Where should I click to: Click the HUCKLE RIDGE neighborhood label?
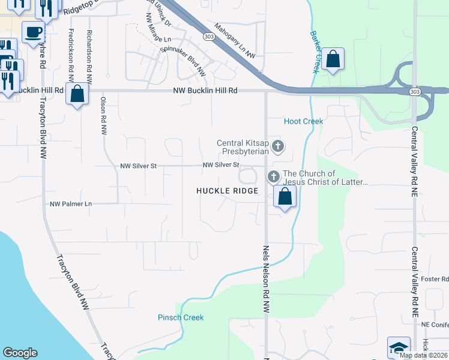pos(228,191)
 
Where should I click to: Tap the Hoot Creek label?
pos(303,121)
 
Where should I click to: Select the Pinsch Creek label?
pos(181,317)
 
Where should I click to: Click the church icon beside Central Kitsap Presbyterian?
pos(277,145)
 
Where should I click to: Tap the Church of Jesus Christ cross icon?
pos(273,176)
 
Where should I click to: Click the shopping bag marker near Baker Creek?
pos(333,59)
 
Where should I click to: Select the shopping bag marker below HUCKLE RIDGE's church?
pos(285,196)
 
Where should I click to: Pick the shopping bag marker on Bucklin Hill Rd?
pos(77,94)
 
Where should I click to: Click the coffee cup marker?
pos(33,32)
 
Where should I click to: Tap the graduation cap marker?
pos(398,347)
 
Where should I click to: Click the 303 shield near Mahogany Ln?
pos(208,37)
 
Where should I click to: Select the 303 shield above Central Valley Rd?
pos(415,91)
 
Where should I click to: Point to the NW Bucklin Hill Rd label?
pos(205,91)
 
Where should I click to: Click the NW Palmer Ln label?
pos(71,204)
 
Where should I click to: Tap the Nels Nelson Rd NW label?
pos(265,278)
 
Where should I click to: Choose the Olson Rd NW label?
pos(103,115)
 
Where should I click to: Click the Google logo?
pos(20,353)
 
